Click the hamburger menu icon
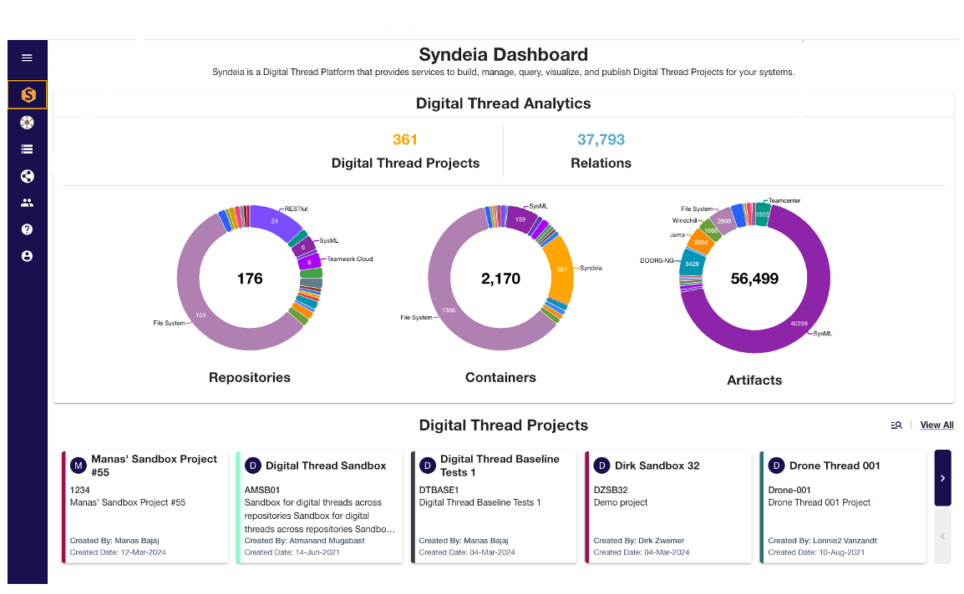pyautogui.click(x=27, y=58)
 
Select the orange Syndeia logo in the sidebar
pyautogui.click(x=28, y=95)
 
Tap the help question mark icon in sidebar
pyautogui.click(x=27, y=229)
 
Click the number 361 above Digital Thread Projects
pyautogui.click(x=404, y=140)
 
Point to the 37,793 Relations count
pyautogui.click(x=601, y=140)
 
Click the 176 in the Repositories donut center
pyautogui.click(x=250, y=279)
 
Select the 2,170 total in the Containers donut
pyautogui.click(x=500, y=279)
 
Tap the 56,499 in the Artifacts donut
pyautogui.click(x=754, y=279)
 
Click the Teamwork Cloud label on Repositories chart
pyautogui.click(x=350, y=259)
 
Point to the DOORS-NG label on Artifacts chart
pyautogui.click(x=657, y=260)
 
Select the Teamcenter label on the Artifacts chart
pyautogui.click(x=784, y=201)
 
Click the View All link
pyautogui.click(x=936, y=425)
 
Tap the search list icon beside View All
pyautogui.click(x=896, y=425)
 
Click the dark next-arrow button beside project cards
pyautogui.click(x=942, y=478)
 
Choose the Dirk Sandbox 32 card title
pyautogui.click(x=657, y=466)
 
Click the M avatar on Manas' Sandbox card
pyautogui.click(x=79, y=466)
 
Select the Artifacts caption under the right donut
pyautogui.click(x=754, y=380)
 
